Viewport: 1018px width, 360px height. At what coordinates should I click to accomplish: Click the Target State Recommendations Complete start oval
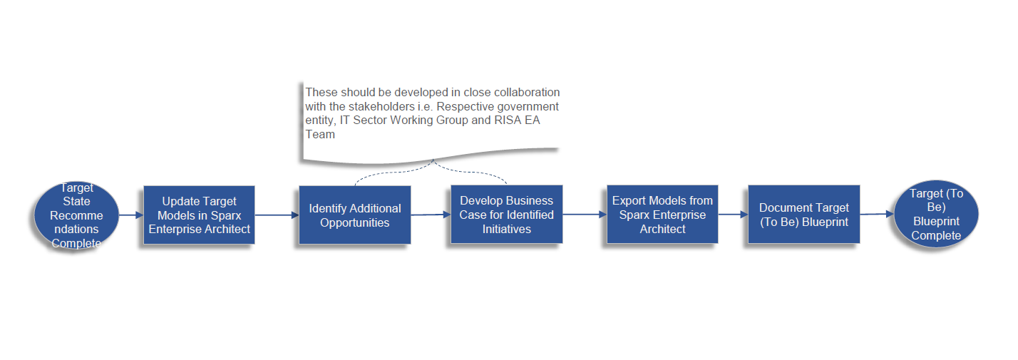point(76,215)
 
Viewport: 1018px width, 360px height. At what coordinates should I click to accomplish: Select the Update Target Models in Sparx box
point(199,215)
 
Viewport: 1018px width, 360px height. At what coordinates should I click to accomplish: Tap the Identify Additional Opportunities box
point(354,215)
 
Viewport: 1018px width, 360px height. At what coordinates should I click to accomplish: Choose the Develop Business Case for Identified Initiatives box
point(506,215)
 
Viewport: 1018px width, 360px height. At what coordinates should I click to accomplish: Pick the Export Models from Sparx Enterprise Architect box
point(662,215)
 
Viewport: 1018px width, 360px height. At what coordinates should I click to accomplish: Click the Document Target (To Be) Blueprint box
point(803,215)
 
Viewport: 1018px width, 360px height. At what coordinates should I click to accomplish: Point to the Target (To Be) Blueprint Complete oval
point(936,214)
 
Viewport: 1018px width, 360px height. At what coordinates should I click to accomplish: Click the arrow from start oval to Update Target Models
point(131,215)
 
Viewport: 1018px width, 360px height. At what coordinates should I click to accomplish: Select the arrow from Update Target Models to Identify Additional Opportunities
point(277,215)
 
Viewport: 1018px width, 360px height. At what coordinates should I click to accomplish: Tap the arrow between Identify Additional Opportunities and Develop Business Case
point(431,215)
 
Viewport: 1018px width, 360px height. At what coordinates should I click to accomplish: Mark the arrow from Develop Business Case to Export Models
point(585,215)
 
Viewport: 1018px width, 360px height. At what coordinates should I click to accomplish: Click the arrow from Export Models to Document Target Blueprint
point(733,215)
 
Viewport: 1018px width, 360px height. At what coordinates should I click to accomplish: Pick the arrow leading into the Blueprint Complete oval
point(877,214)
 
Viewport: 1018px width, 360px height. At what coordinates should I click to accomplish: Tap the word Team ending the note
point(320,134)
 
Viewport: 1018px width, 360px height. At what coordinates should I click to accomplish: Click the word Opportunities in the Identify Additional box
point(354,222)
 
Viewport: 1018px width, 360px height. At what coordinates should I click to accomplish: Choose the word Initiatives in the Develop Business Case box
point(506,229)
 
